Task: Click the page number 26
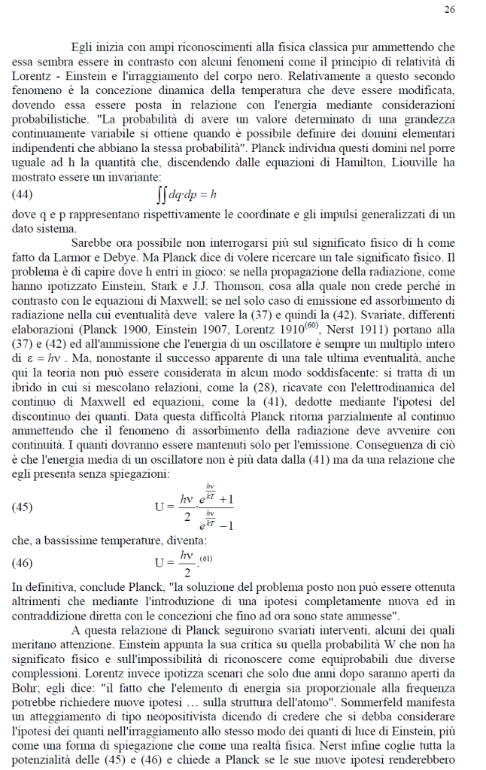450,10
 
